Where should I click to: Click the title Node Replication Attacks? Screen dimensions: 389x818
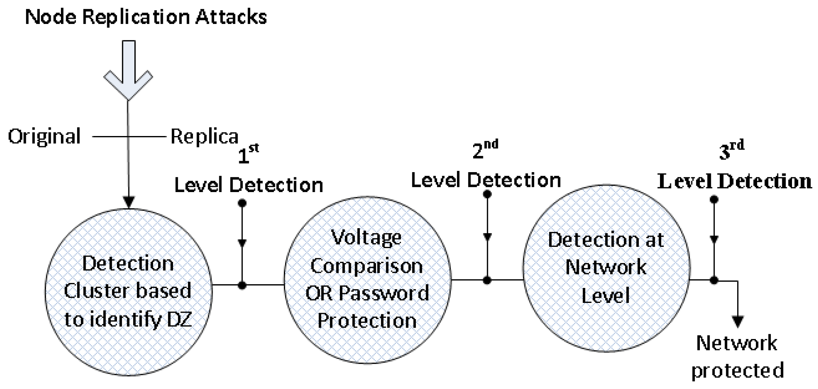click(x=146, y=17)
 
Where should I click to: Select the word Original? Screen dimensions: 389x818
click(x=44, y=136)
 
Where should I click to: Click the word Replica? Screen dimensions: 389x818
click(x=204, y=136)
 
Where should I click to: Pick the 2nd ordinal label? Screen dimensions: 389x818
click(x=485, y=149)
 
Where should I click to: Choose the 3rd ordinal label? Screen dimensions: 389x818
click(x=731, y=150)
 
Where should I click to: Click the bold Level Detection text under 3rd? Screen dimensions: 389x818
click(x=734, y=181)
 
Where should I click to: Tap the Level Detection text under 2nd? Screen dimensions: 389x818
click(x=486, y=180)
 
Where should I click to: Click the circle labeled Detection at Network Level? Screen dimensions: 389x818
click(x=606, y=268)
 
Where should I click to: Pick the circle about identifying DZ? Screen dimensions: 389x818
click(x=128, y=292)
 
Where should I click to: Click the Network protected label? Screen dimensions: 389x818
click(x=737, y=357)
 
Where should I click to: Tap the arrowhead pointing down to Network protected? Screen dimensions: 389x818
click(x=738, y=321)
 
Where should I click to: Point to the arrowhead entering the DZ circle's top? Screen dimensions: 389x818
click(x=128, y=202)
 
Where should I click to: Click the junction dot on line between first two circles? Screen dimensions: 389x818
click(x=242, y=285)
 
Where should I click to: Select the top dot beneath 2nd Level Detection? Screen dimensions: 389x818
click(x=487, y=194)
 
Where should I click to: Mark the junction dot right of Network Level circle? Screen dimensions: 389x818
click(x=714, y=280)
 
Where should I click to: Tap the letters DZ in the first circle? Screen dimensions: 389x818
click(x=179, y=320)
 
